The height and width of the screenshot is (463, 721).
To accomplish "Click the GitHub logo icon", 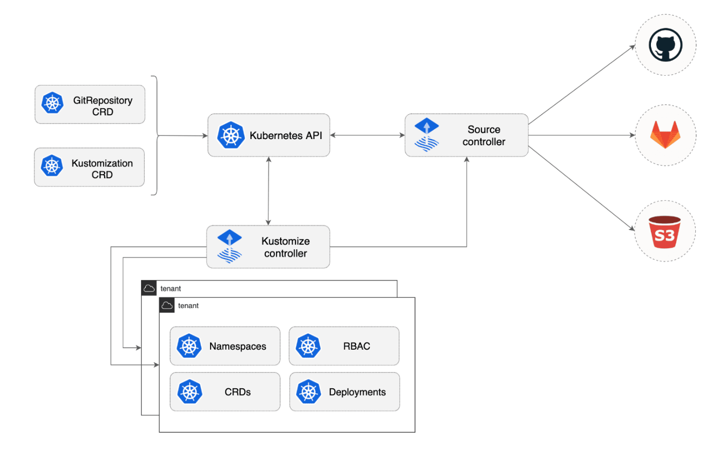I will click(x=665, y=45).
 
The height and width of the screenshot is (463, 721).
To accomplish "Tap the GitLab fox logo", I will click(x=665, y=135).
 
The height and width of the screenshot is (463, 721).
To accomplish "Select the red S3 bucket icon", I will click(x=664, y=232).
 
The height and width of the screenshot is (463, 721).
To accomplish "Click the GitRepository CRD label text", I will click(x=102, y=106).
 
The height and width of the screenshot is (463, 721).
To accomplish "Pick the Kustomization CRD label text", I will click(x=102, y=169).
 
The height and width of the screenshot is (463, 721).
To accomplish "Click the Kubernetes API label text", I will click(x=285, y=135).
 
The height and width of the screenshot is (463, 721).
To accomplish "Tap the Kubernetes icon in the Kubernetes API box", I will click(x=230, y=135).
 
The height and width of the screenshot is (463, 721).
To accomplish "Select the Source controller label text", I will click(x=484, y=135).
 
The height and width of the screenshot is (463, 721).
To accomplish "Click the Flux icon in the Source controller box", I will click(x=426, y=135).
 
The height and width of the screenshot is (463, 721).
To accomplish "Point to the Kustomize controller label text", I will click(x=285, y=247).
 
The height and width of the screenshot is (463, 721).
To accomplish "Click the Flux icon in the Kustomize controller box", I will click(x=229, y=247).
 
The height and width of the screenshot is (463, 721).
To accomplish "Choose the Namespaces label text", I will click(x=237, y=347).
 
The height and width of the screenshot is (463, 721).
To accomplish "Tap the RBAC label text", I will click(x=356, y=347).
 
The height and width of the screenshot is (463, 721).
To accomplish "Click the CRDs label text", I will click(x=237, y=392).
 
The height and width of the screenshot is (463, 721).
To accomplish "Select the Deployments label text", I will click(x=357, y=392).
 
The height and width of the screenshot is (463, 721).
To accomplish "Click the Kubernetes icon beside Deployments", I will click(x=308, y=392).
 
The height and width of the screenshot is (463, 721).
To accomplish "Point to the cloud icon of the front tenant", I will click(x=167, y=305).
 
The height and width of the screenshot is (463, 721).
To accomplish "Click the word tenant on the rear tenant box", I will click(x=170, y=288).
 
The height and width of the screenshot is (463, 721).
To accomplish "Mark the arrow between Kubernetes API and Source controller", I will click(x=367, y=135).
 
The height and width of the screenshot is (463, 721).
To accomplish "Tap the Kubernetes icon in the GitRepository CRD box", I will click(x=52, y=103).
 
